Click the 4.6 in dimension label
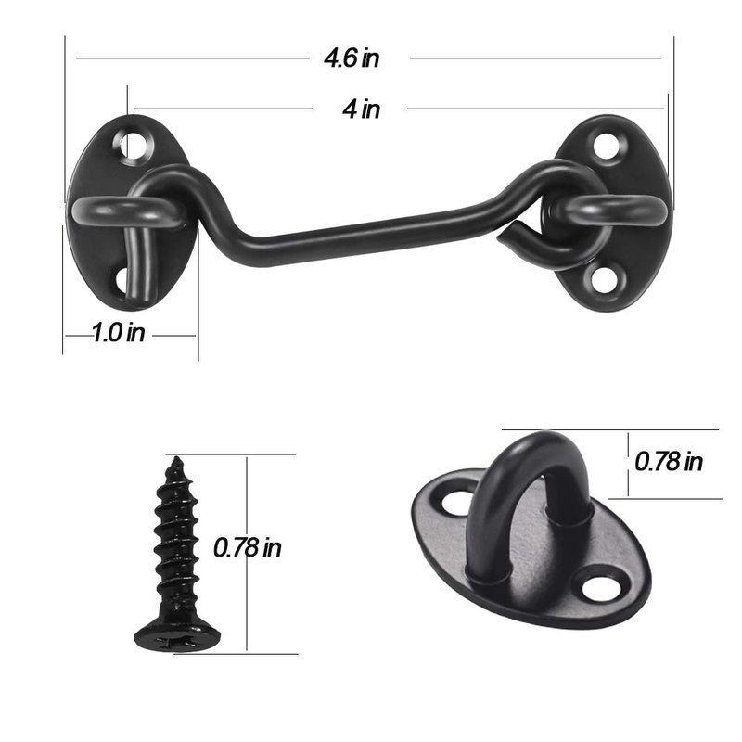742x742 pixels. point(352,58)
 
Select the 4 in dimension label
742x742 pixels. point(361,109)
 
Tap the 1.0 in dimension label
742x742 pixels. point(118,332)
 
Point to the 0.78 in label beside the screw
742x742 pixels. point(247,547)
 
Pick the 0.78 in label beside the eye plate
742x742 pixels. point(668,461)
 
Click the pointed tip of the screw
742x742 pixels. point(176,458)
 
